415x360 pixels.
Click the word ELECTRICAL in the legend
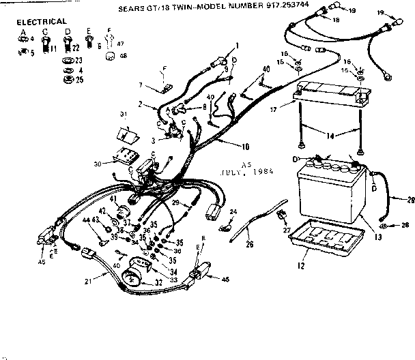[42, 22]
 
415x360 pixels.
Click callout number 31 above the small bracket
[124, 113]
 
